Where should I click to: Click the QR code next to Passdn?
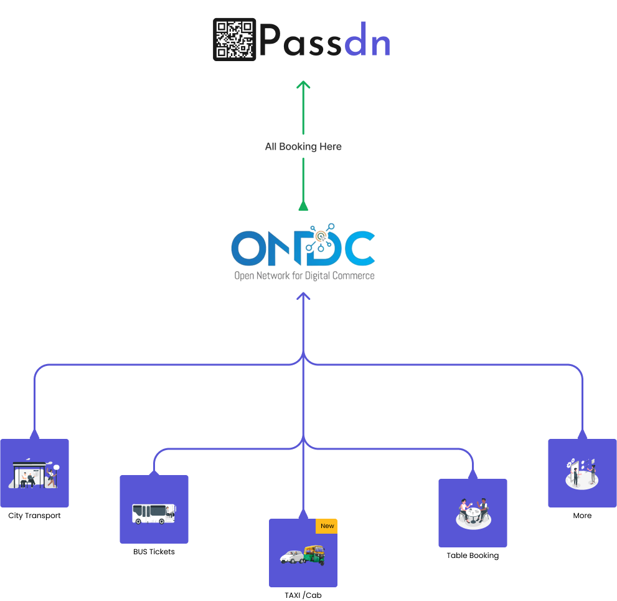pyautogui.click(x=235, y=39)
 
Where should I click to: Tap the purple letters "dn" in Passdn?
pyautogui.click(x=367, y=42)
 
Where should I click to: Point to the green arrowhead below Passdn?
pyautogui.click(x=303, y=85)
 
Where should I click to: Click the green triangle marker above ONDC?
pyautogui.click(x=303, y=206)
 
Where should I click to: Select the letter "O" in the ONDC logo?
pyautogui.click(x=248, y=248)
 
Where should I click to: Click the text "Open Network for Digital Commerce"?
pyautogui.click(x=304, y=275)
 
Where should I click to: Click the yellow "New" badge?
pyautogui.click(x=327, y=526)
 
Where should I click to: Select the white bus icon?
pyautogui.click(x=154, y=513)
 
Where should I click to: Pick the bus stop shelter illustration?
pyautogui.click(x=35, y=474)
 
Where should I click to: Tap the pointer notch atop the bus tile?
pyautogui.click(x=154, y=472)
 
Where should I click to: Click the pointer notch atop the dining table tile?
pyautogui.click(x=473, y=475)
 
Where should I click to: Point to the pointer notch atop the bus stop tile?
pyautogui.click(x=34, y=435)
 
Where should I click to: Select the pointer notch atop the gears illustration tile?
pyautogui.click(x=582, y=435)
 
